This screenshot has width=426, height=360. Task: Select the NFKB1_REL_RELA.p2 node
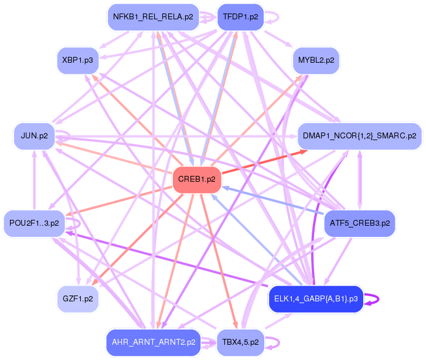[153, 17]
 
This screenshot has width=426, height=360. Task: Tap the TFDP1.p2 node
[240, 17]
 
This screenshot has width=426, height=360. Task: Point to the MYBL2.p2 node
[316, 60]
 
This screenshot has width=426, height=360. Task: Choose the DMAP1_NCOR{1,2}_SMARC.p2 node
[360, 135]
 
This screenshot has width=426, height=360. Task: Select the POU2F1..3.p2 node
[34, 223]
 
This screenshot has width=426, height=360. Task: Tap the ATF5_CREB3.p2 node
[360, 223]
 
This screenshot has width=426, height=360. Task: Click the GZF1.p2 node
[77, 298]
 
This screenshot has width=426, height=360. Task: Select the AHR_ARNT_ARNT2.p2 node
[153, 342]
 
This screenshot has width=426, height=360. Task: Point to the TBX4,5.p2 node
[240, 342]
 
